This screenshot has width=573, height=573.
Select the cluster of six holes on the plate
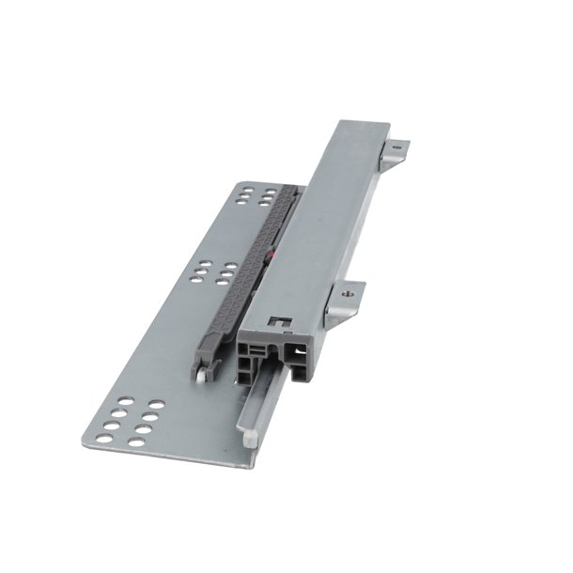coord(213,272)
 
